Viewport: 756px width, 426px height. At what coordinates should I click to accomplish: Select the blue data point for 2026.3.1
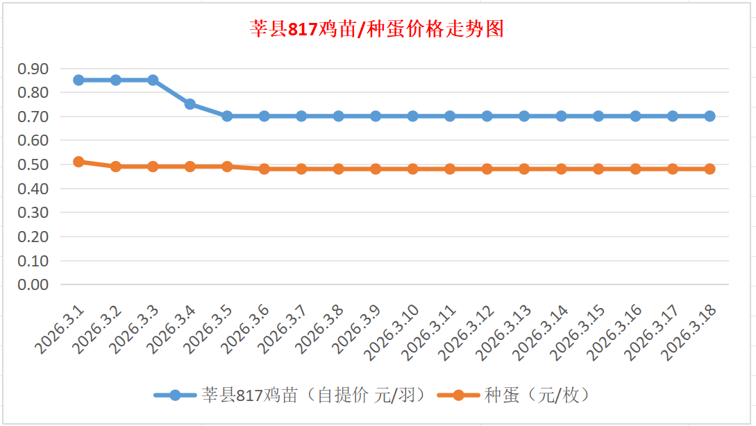[x=78, y=80]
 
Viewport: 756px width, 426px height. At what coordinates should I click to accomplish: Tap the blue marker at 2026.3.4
[x=190, y=104]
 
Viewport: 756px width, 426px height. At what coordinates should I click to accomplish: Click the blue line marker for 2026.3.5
[x=227, y=116]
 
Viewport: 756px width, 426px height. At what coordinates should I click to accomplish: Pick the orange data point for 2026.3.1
[x=78, y=162]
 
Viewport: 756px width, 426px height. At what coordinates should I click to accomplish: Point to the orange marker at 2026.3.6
[x=264, y=169]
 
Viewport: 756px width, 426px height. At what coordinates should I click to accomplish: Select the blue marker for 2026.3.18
[x=709, y=116]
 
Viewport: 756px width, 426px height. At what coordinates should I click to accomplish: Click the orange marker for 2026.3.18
[x=709, y=169]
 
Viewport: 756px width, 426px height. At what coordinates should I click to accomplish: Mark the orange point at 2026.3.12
[x=487, y=169]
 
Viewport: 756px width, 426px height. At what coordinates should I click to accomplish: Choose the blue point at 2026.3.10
[x=412, y=116]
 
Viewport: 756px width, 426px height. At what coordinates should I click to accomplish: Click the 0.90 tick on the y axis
[x=33, y=69]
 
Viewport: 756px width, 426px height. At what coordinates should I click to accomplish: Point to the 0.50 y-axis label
[x=33, y=164]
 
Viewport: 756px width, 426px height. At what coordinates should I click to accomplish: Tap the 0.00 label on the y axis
[x=33, y=284]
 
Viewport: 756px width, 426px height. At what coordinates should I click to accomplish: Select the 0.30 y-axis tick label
[x=33, y=212]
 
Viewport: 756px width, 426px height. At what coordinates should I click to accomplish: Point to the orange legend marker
[x=458, y=395]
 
